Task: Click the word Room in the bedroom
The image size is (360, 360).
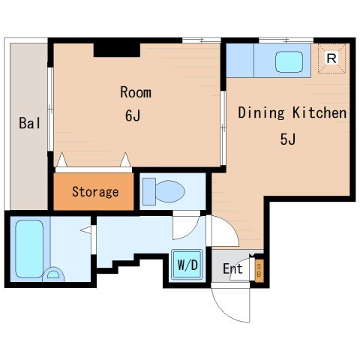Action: pyautogui.click(x=136, y=92)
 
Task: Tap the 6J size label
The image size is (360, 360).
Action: pyautogui.click(x=133, y=115)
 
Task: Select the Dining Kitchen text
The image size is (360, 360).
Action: pyautogui.click(x=292, y=113)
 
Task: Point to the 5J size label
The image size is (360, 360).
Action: pyautogui.click(x=288, y=139)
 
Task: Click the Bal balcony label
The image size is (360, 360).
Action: pyautogui.click(x=29, y=123)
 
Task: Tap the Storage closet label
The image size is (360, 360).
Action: pyautogui.click(x=95, y=192)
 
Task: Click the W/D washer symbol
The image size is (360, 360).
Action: pyautogui.click(x=187, y=265)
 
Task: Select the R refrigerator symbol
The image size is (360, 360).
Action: pyautogui.click(x=331, y=58)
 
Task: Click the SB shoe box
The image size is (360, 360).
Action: pyautogui.click(x=259, y=270)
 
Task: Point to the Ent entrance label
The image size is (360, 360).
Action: pyautogui.click(x=232, y=268)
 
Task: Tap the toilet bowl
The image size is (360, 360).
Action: pyautogui.click(x=170, y=191)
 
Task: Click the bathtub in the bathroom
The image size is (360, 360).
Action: pyautogui.click(x=29, y=249)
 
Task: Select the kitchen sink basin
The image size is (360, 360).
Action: pyautogui.click(x=289, y=62)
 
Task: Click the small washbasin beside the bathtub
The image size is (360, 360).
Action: pyautogui.click(x=53, y=274)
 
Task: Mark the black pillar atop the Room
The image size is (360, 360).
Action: pyautogui.click(x=117, y=50)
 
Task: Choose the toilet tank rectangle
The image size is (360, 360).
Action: pyautogui.click(x=149, y=191)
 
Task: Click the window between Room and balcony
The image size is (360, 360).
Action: pyautogui.click(x=50, y=109)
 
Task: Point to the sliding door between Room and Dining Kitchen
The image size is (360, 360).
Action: pyautogui.click(x=223, y=128)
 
